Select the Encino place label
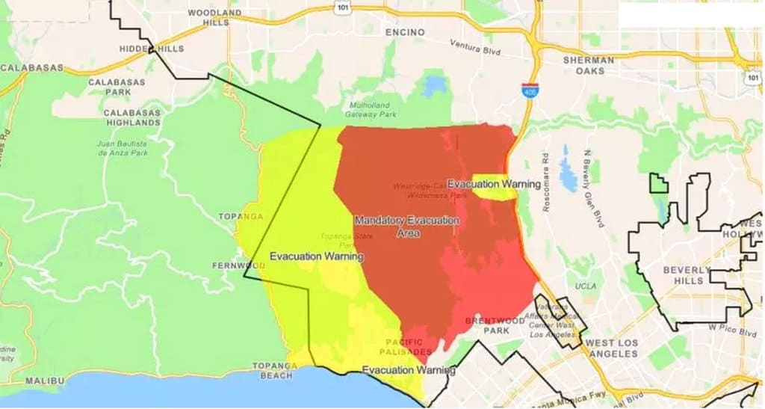pos(405,33)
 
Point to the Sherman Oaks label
pos(589,65)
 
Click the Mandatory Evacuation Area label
pos(408,227)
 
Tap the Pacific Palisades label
pos(406,346)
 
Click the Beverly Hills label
pos(683,275)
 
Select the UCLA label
pos(586,287)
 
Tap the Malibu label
pos(41,381)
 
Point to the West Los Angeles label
pos(612,348)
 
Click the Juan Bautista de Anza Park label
pos(123,147)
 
